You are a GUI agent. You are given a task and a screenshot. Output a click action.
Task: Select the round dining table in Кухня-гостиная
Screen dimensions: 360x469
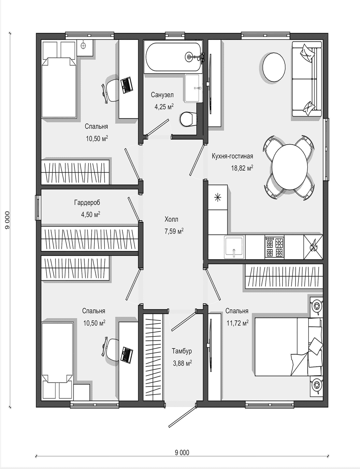(290, 167)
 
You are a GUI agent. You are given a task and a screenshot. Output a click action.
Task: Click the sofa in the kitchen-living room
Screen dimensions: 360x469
(307, 79)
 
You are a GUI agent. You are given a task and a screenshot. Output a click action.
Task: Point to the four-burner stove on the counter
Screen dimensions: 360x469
(275, 247)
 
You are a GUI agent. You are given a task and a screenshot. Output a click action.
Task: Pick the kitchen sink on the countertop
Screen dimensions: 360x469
(234, 247)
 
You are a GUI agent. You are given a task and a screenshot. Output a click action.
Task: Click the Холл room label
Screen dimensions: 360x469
(171, 220)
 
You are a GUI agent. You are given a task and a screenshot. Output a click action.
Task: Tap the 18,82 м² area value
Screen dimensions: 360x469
(242, 168)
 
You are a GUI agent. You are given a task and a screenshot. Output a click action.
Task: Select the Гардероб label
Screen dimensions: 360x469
(87, 203)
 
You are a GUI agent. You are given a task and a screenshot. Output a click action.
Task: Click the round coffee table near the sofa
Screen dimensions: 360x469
(274, 67)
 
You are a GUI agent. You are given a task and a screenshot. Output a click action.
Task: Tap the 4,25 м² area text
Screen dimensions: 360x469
(164, 107)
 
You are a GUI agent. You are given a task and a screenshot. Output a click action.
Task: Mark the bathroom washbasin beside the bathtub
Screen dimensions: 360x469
(194, 88)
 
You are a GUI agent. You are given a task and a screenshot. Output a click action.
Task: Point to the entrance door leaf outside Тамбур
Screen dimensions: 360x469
(182, 417)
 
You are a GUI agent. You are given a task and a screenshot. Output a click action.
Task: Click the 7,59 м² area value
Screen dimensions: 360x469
(174, 231)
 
